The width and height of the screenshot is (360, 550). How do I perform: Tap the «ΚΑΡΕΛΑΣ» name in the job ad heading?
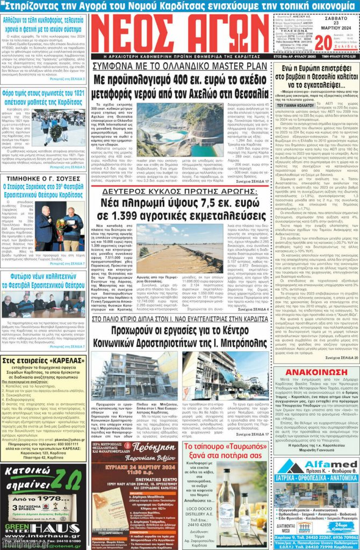(64, 360)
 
